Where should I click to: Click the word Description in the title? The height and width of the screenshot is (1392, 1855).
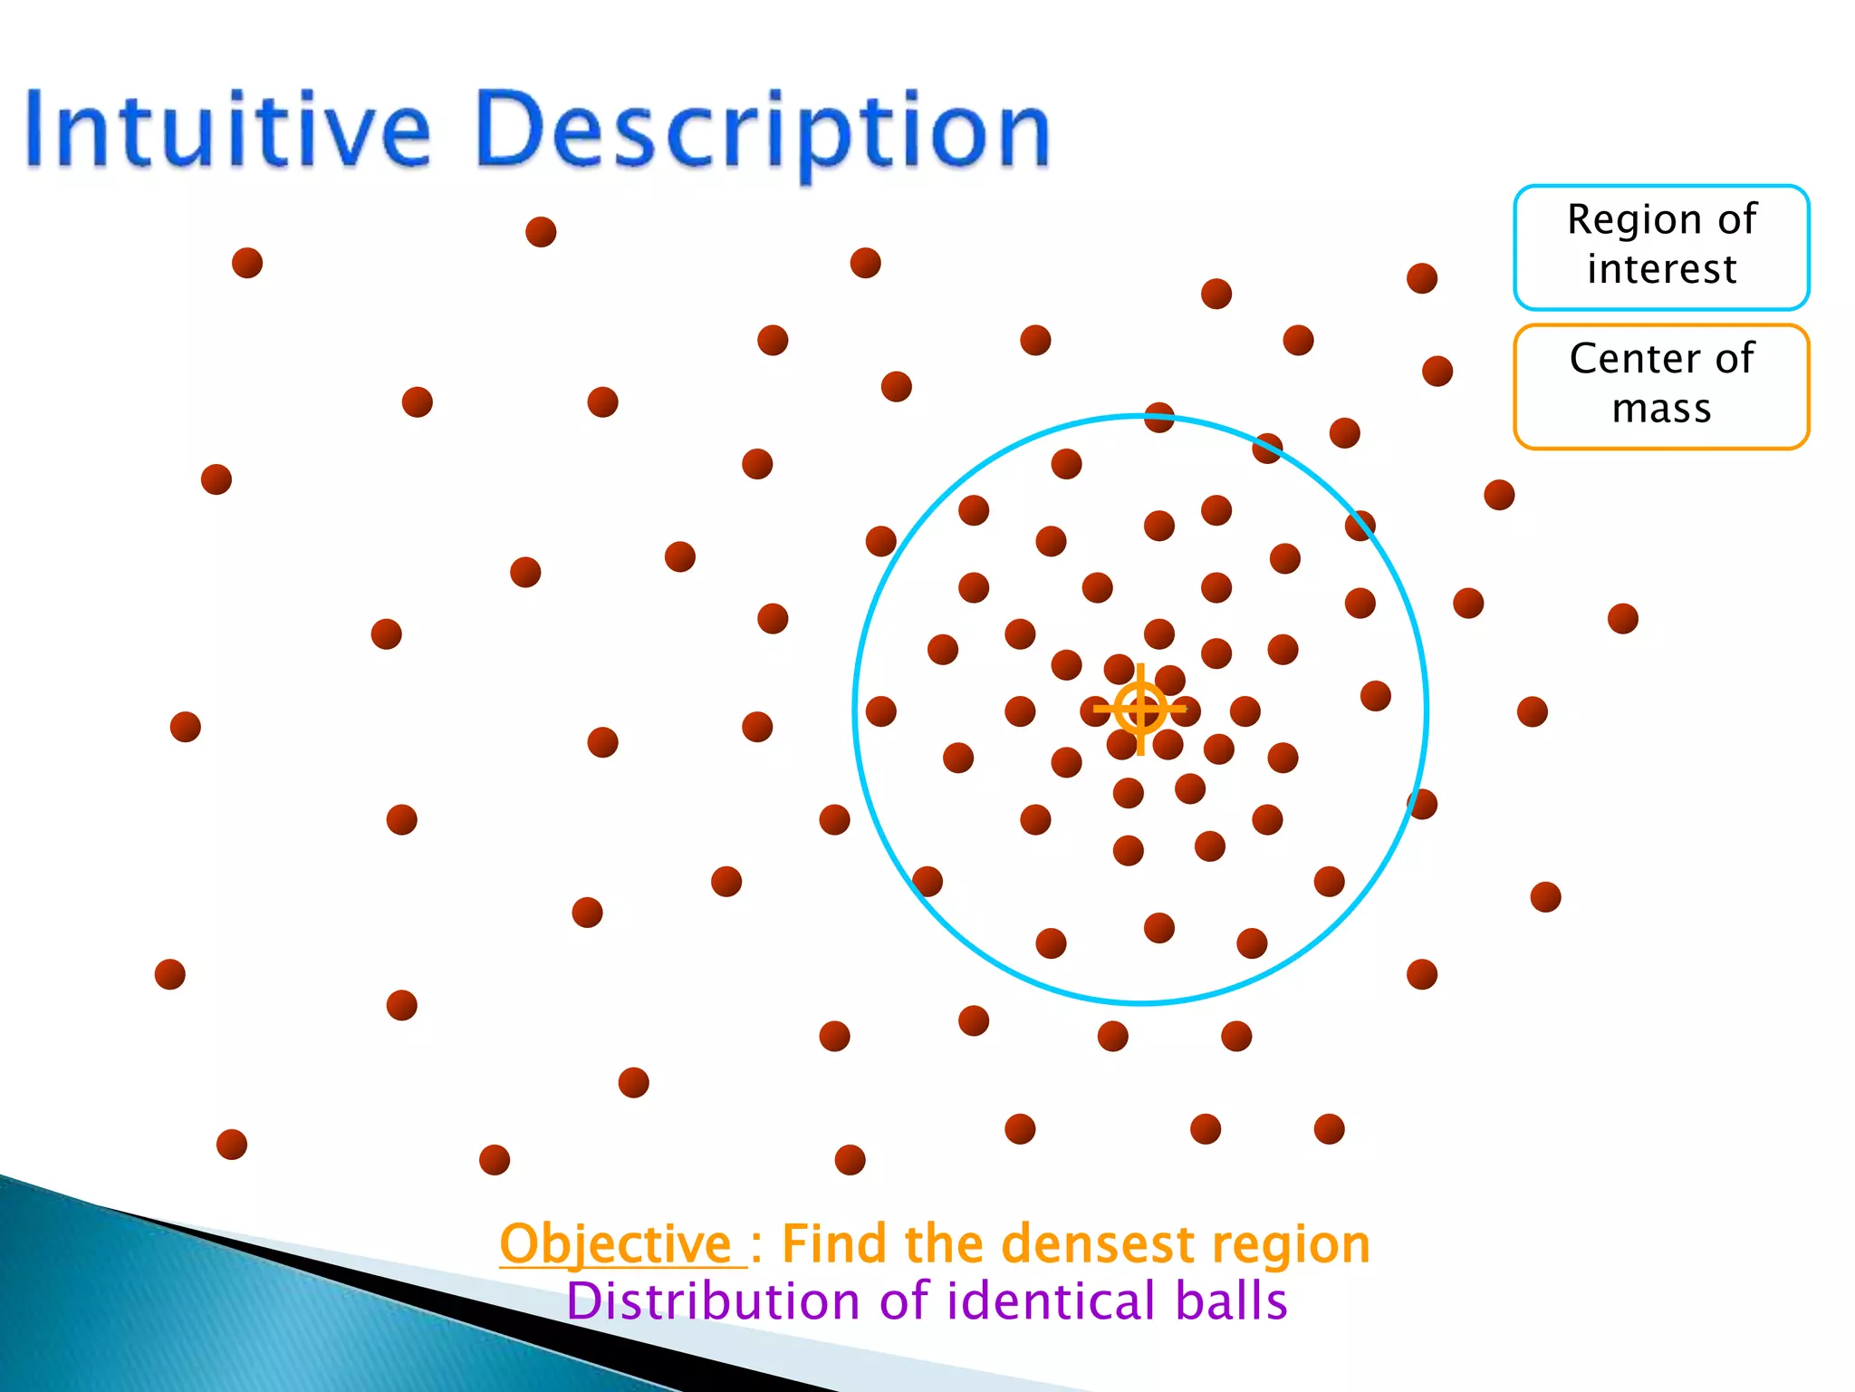tap(761, 131)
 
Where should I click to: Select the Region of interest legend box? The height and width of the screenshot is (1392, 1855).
tap(1661, 246)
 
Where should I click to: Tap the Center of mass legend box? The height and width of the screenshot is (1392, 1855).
tap(1661, 385)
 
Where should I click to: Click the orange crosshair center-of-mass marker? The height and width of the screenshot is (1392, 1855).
tap(1140, 709)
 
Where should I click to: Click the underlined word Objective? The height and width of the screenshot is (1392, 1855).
tap(616, 1243)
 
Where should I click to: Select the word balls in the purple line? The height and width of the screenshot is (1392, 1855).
tap(1231, 1301)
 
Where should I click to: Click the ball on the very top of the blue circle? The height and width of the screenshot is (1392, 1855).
tap(1159, 418)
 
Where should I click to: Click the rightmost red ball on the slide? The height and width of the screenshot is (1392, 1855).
tap(1622, 619)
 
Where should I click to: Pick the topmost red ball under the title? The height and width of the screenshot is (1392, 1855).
tap(541, 232)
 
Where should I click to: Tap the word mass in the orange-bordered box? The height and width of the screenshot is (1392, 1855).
tap(1661, 410)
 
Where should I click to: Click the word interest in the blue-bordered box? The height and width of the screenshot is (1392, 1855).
tap(1661, 270)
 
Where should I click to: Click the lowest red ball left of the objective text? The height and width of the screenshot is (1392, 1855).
tap(494, 1160)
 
